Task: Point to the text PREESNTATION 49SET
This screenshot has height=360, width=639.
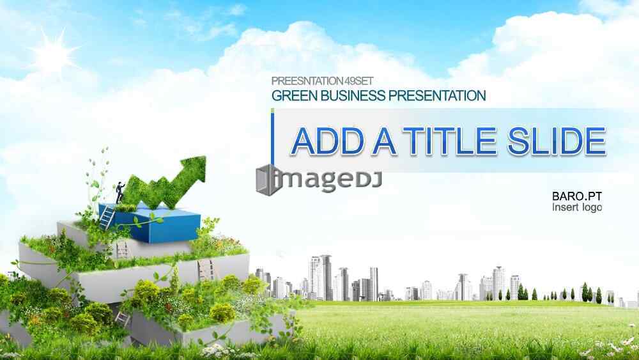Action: tap(322, 81)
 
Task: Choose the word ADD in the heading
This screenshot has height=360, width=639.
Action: tap(327, 141)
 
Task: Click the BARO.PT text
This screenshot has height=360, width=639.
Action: tap(576, 196)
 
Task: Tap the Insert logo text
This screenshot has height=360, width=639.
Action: tap(577, 207)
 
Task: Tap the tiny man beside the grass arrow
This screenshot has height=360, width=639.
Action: tap(120, 192)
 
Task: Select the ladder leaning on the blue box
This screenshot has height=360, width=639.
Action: tap(107, 217)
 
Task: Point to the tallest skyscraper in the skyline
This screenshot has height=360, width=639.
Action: tap(326, 278)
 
